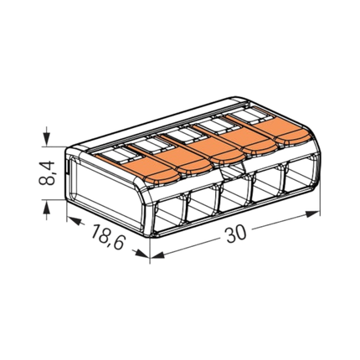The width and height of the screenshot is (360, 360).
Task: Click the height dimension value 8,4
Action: pos(46,173)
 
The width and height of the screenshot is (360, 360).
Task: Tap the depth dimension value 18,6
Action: pos(107,236)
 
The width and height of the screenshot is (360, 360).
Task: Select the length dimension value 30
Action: pos(236,234)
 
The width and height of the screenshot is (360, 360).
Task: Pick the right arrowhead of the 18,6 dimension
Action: pos(142,254)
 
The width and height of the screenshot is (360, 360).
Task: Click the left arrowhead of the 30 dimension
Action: pos(157,255)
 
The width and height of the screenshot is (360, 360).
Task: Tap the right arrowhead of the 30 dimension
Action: pos(312,214)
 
